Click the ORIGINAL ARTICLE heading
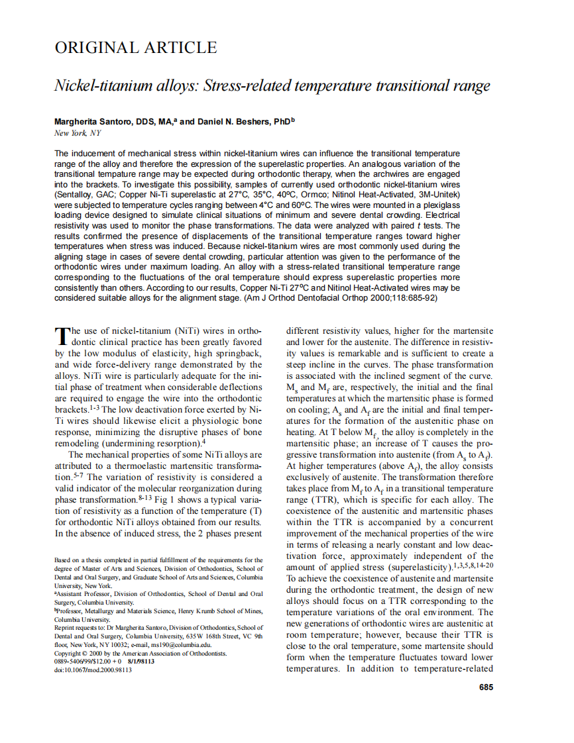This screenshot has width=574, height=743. tap(136, 48)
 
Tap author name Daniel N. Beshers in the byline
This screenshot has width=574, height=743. tap(235, 122)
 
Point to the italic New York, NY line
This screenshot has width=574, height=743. tap(78, 133)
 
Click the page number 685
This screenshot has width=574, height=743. tap(486, 687)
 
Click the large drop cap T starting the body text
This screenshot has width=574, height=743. tap(62, 336)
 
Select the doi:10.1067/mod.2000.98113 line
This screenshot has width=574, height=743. tap(93, 670)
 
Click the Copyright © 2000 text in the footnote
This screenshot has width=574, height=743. tap(82, 653)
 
